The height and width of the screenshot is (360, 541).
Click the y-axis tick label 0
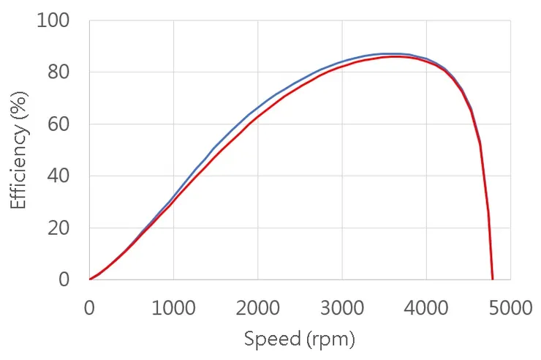tap(65, 280)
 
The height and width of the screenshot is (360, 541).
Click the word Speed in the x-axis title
tap(268, 340)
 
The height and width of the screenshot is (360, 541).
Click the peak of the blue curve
tap(387, 54)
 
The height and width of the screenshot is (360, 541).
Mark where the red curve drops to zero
tap(493, 279)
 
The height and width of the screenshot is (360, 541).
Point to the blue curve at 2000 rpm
tap(257, 108)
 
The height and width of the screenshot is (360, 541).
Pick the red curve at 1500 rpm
tap(216, 154)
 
